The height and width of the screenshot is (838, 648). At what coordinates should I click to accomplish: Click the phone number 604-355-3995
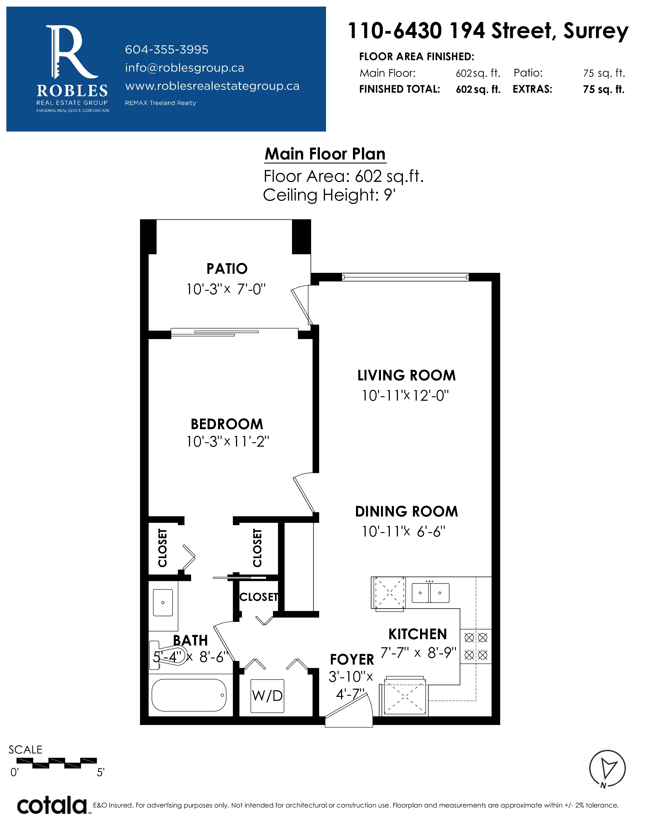[x=167, y=50]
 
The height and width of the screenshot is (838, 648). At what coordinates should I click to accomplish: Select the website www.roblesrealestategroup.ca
[x=212, y=86]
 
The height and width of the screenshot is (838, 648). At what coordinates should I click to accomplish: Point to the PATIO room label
[x=227, y=269]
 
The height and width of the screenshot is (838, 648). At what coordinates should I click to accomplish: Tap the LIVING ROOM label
[x=407, y=375]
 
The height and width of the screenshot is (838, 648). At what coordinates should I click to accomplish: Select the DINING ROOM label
[x=407, y=511]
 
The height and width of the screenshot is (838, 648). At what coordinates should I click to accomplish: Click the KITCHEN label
[x=418, y=634]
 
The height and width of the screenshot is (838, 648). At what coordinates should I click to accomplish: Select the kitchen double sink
[x=430, y=593]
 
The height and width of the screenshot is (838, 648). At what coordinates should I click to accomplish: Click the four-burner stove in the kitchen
[x=476, y=647]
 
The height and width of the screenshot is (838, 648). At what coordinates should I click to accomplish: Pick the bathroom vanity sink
[x=163, y=602]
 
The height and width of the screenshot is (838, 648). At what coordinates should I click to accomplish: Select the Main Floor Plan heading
[x=325, y=154]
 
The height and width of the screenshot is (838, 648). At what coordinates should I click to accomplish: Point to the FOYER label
[x=352, y=659]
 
